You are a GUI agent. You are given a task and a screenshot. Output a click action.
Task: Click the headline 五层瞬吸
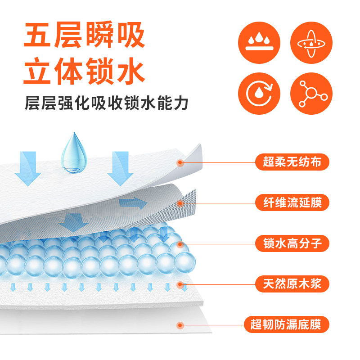coord(84,36)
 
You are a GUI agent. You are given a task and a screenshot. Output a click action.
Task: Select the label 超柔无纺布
coord(292,162)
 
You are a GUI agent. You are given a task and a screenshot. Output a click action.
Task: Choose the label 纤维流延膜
coord(292,202)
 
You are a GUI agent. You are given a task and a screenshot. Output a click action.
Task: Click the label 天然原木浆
coord(292,284)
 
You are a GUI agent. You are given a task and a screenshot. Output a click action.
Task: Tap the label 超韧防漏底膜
coord(287,324)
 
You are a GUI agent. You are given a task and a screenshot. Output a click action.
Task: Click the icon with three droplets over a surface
coord(258,40)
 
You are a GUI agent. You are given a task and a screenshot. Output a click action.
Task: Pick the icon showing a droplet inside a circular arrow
coord(258,93)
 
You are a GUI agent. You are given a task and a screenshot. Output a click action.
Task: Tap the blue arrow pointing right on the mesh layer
coord(134,203)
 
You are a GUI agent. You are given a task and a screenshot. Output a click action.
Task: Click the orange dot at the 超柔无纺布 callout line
coord(180,162)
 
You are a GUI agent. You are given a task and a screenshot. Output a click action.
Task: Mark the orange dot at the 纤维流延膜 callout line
coord(180,203)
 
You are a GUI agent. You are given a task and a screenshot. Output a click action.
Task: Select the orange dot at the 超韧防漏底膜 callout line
coord(180,324)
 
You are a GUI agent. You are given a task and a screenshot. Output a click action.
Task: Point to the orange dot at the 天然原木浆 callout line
coord(180,284)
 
